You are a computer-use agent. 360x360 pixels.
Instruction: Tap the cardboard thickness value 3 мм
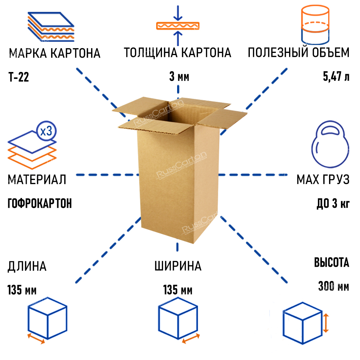coord(179,77)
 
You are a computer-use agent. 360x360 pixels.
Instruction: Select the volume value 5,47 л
coord(336,77)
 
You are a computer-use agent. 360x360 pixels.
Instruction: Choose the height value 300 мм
coord(333,287)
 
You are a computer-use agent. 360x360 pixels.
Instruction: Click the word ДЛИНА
coord(27,267)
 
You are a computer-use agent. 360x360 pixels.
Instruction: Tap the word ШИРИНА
coord(178,267)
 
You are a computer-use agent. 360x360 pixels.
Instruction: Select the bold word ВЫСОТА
coord(332,263)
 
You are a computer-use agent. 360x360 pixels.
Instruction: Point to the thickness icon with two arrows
coord(177,26)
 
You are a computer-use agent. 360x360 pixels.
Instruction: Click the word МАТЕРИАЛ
coord(37,179)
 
